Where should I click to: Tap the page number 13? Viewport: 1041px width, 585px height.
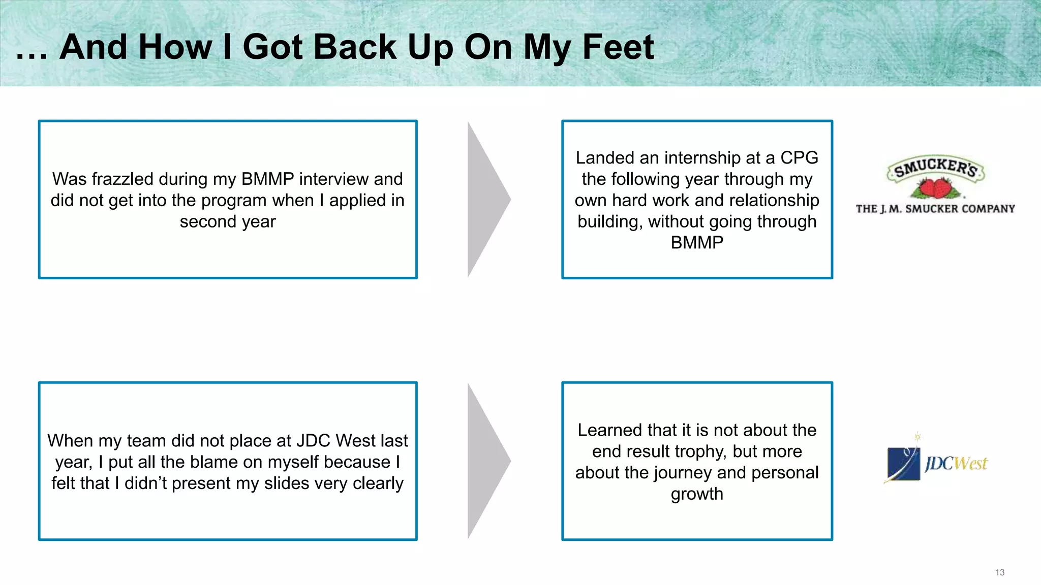tap(999, 572)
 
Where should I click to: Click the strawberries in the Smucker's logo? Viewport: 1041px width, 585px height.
tap(934, 188)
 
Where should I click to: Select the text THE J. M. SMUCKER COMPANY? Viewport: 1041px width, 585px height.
tap(935, 209)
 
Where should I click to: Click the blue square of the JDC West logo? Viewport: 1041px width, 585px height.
tap(903, 464)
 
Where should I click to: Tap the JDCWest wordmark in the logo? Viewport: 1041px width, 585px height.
tap(956, 463)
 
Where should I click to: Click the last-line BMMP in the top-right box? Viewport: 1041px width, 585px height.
tap(697, 243)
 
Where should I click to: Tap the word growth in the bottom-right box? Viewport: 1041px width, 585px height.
tap(697, 494)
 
